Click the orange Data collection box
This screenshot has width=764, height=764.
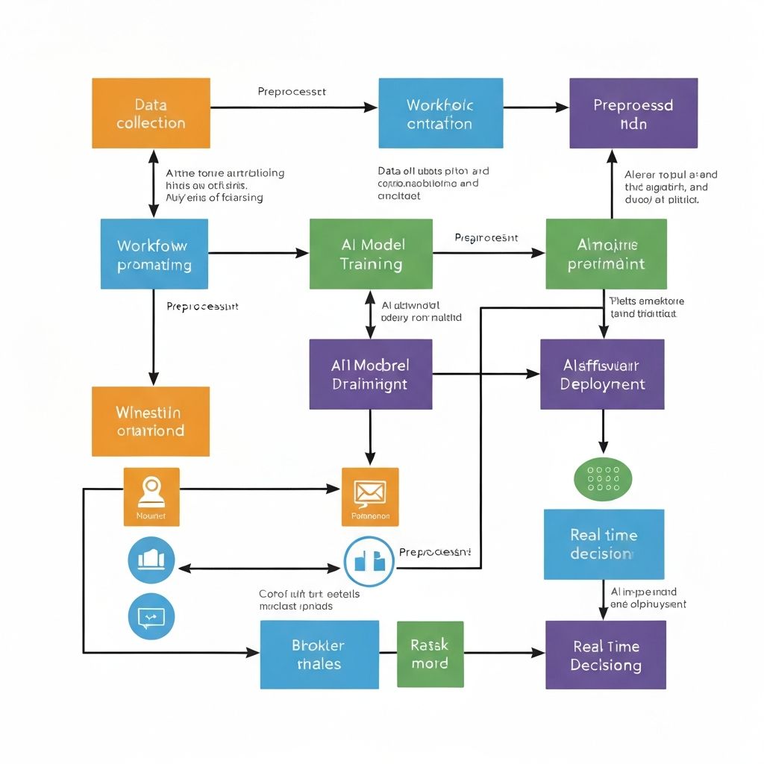pos(151,113)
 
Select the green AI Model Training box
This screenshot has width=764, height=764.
pos(371,254)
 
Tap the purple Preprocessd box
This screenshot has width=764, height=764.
pos(633,113)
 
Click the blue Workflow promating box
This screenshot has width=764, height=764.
pos(154,254)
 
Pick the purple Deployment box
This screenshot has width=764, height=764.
pos(602,375)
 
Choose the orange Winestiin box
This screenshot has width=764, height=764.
pos(151,421)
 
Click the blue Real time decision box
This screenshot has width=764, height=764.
pos(604,544)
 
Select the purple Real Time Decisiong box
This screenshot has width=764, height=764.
pos(606,655)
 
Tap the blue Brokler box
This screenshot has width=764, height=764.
pos(319,654)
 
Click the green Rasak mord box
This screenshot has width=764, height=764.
pos(430,654)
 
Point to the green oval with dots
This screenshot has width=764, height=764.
pos(603,478)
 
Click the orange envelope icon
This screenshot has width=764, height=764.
pos(370,496)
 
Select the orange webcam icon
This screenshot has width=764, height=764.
pos(151,495)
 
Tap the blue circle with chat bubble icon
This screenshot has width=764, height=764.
pos(151,616)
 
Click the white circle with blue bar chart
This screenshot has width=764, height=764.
pos(369,561)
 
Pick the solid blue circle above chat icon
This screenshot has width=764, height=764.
pos(151,559)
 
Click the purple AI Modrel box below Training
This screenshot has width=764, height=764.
pos(371,375)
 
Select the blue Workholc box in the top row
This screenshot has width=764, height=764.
pos(439,113)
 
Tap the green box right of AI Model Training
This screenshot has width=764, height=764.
pos(606,254)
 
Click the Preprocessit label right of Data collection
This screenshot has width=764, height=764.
pos(292,92)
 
